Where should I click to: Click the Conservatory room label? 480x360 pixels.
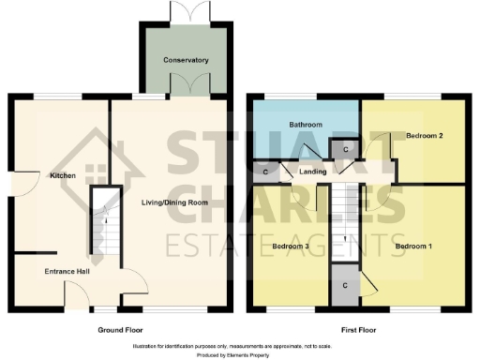pyautogui.click(x=185, y=60)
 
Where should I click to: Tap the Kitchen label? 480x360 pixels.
pyautogui.click(x=63, y=175)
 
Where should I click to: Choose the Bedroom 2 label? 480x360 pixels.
pyautogui.click(x=424, y=136)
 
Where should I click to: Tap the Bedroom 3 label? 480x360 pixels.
pyautogui.click(x=291, y=246)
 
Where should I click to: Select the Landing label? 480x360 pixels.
pyautogui.click(x=312, y=172)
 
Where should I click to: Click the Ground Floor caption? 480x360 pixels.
pyautogui.click(x=121, y=331)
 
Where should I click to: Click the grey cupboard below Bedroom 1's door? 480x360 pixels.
pyautogui.click(x=346, y=285)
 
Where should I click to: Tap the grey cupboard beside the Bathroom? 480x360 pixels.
pyautogui.click(x=344, y=150)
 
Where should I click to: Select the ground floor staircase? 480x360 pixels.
pyautogui.click(x=106, y=226)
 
